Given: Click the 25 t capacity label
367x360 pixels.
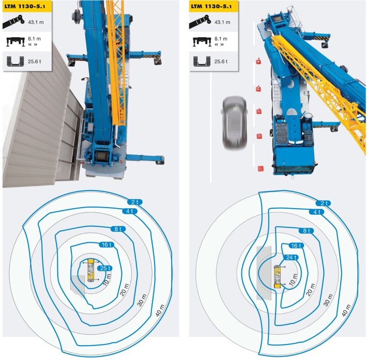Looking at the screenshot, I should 105,268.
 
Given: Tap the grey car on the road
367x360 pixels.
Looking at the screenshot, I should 234,123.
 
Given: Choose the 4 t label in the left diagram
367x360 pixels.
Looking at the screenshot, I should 129,211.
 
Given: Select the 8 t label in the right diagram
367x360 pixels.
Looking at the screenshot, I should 308,231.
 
